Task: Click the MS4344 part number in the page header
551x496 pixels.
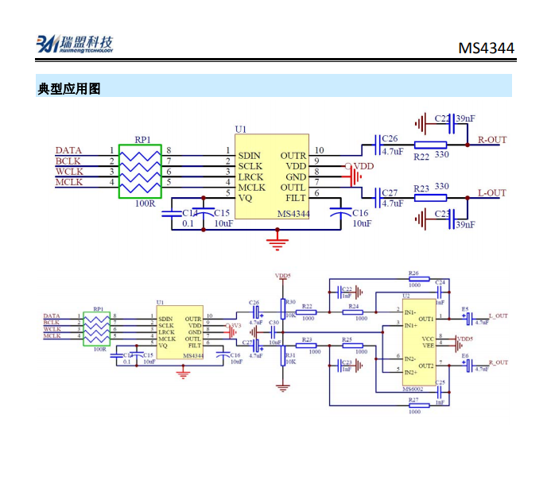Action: pos(486,48)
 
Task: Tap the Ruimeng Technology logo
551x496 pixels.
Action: pos(75,45)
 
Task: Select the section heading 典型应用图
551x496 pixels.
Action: pos(69,88)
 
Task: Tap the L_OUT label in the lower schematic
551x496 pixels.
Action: pos(498,316)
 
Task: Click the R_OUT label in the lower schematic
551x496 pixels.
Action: pos(498,362)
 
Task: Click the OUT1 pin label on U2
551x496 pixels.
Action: pos(425,318)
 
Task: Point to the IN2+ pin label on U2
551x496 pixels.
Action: pos(410,372)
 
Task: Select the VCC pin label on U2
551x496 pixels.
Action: pos(428,339)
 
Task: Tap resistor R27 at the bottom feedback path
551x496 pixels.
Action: pos(413,405)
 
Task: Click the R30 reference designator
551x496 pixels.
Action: pos(290,303)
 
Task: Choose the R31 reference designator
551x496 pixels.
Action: pos(290,355)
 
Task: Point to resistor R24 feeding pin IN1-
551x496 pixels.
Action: pos(354,312)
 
